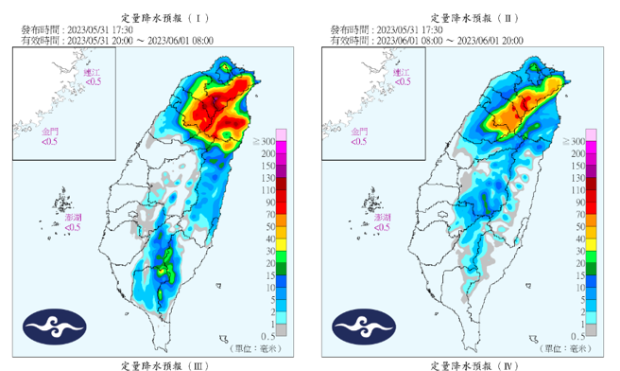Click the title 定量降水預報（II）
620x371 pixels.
click(473, 17)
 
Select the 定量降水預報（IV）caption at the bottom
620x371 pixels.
click(473, 364)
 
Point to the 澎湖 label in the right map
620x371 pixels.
click(382, 217)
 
